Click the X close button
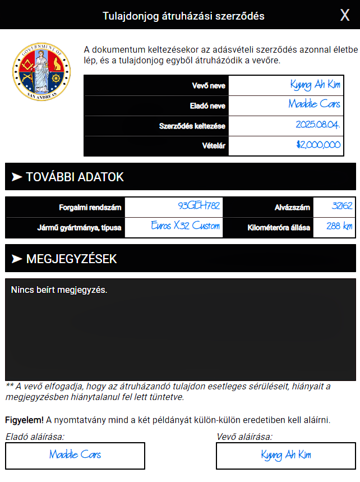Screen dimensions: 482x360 (x=345, y=15)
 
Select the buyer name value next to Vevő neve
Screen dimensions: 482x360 (x=315, y=85)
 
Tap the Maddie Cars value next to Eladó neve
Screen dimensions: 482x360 (x=314, y=105)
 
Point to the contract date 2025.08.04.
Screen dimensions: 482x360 (x=317, y=125)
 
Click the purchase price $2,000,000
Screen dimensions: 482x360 (x=319, y=145)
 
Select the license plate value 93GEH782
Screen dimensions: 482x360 (x=199, y=206)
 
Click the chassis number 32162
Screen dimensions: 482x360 (x=342, y=206)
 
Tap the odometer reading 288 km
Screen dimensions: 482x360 (x=339, y=227)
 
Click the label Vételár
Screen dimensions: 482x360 (x=213, y=146)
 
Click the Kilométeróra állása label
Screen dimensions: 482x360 (x=279, y=228)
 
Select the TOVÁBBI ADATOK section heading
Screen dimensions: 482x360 (x=75, y=177)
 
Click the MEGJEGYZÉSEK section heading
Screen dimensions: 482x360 (x=71, y=259)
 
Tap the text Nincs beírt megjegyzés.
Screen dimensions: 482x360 (x=58, y=290)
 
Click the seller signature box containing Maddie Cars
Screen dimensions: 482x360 (x=75, y=455)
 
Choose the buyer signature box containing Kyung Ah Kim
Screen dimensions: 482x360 (x=286, y=455)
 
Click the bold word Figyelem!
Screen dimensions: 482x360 (x=25, y=420)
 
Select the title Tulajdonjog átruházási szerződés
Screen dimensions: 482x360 (x=183, y=16)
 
